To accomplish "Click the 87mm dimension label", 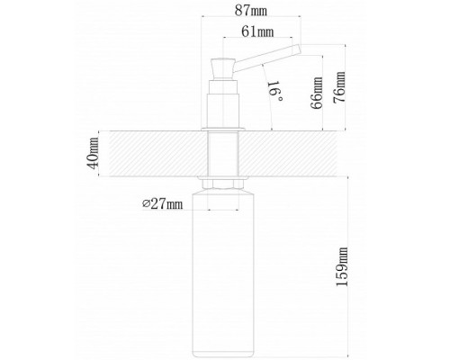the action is [251, 11].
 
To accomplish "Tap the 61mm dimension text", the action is [257, 31].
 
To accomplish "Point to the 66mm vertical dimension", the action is [317, 94].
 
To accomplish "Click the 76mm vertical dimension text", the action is [339, 87].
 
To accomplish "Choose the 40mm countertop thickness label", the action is [93, 153].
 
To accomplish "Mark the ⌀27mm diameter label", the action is [162, 204].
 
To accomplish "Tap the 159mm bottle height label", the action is [342, 266].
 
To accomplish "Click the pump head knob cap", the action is [223, 68].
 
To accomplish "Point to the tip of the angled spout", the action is [298, 49].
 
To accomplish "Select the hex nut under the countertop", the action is [222, 184].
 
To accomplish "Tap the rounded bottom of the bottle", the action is [223, 354].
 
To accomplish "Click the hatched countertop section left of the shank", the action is [158, 153].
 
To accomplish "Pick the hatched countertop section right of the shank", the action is [287, 153].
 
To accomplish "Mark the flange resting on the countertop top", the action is [223, 130].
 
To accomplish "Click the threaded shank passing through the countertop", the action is [223, 153].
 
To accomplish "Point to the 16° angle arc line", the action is [268, 97].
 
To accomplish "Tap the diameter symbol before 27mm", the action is [146, 203].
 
